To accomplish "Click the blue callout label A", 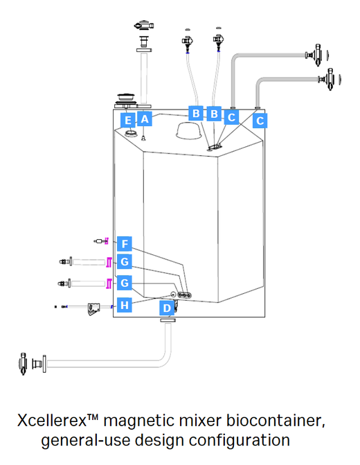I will pos(144,119).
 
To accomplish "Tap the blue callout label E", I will pos(127,119).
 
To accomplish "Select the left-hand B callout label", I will pos(196,113).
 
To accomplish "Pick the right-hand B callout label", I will pos(214,113).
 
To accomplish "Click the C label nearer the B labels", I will pos(232,117).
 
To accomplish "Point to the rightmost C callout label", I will pos(260,120).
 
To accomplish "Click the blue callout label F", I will pos(124,244).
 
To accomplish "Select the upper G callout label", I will pos(124,262).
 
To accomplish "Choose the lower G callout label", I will pos(124,283).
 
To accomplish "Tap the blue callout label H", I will pos(124,305).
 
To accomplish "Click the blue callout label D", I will pos(167,308).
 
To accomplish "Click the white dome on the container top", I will pos(190,132).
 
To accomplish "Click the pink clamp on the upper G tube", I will pos(109,261).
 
